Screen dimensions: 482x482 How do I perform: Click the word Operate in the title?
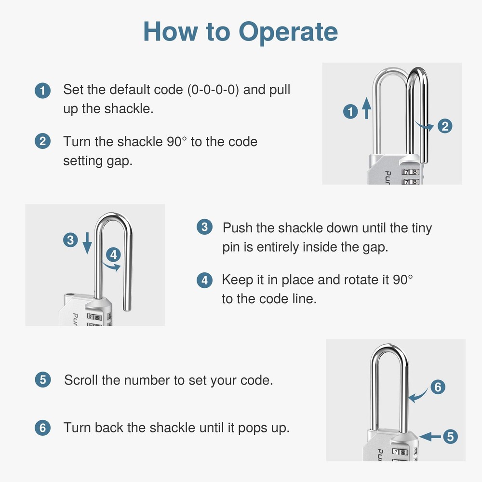[288, 31]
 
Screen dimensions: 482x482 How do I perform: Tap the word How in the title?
[170, 31]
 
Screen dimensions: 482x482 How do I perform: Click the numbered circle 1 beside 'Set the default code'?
[43, 91]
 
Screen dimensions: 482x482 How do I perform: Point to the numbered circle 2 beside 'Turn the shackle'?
[43, 142]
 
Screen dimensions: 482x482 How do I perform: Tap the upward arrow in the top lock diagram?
[366, 107]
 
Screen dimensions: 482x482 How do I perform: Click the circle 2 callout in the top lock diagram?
[444, 126]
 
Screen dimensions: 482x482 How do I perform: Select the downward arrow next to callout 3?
[87, 242]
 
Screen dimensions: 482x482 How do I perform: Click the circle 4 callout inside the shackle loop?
[113, 254]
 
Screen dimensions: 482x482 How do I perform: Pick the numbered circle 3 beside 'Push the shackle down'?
[204, 228]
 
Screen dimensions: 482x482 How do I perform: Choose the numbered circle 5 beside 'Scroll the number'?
[43, 380]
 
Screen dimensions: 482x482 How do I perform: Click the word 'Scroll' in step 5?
[81, 380]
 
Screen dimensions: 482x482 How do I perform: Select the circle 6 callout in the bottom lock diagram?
[437, 387]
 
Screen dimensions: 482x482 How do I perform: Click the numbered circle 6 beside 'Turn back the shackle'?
[43, 428]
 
